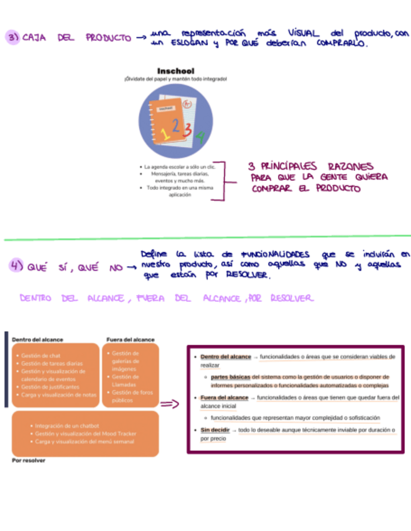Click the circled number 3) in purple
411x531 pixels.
tap(13, 37)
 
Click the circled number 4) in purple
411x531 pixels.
tap(15, 265)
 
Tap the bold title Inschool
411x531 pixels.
tap(175, 70)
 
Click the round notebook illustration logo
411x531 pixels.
tap(175, 120)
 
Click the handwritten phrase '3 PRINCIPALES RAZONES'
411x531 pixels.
tap(311, 167)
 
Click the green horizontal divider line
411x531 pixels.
tap(205, 237)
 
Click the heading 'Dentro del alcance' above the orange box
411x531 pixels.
tap(38, 339)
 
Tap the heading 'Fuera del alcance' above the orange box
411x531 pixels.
tap(130, 339)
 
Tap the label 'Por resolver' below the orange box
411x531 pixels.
tap(29, 460)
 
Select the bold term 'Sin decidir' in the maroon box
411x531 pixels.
tap(215, 430)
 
